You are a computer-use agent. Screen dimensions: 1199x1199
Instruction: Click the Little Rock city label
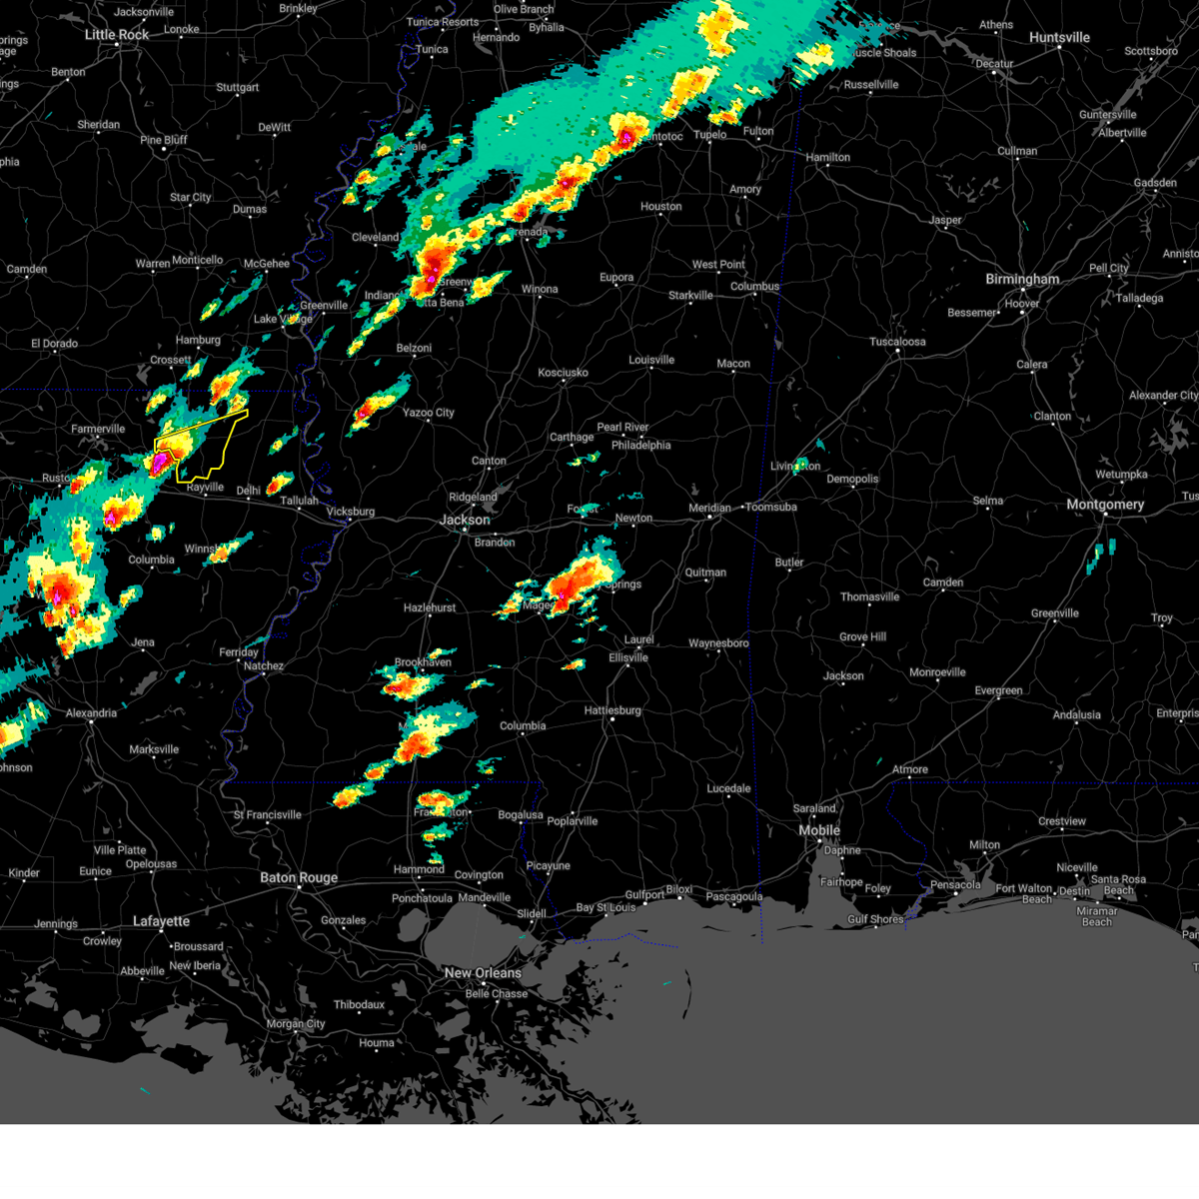click(x=117, y=35)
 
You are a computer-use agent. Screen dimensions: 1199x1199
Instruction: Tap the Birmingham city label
click(x=1022, y=279)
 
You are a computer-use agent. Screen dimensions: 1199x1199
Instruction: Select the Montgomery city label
click(x=1104, y=505)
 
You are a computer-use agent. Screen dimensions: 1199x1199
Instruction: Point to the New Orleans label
click(x=483, y=973)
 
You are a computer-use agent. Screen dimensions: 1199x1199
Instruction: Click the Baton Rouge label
click(x=299, y=878)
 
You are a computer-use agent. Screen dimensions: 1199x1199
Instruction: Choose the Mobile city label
click(x=819, y=830)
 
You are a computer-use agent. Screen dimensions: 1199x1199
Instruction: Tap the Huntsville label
click(x=1059, y=38)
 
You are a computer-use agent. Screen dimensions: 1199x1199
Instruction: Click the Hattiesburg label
click(x=612, y=710)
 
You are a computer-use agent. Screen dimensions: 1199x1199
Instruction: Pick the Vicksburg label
click(x=350, y=512)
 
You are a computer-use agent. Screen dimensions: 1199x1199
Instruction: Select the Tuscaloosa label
click(x=897, y=342)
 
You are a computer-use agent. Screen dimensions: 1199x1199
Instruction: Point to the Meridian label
click(x=709, y=509)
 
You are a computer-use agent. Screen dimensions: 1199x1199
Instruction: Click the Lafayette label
click(x=161, y=921)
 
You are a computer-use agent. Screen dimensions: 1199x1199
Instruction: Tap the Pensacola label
click(x=955, y=884)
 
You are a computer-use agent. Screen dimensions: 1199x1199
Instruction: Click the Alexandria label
click(x=91, y=713)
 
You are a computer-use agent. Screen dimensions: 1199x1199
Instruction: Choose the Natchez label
click(x=264, y=666)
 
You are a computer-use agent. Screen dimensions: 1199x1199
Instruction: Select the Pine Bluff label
click(x=164, y=140)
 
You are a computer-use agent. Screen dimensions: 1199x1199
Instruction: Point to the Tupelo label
click(x=710, y=135)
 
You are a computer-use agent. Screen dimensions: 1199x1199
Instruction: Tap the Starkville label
click(x=690, y=296)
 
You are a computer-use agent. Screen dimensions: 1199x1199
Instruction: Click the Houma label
click(x=377, y=1043)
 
